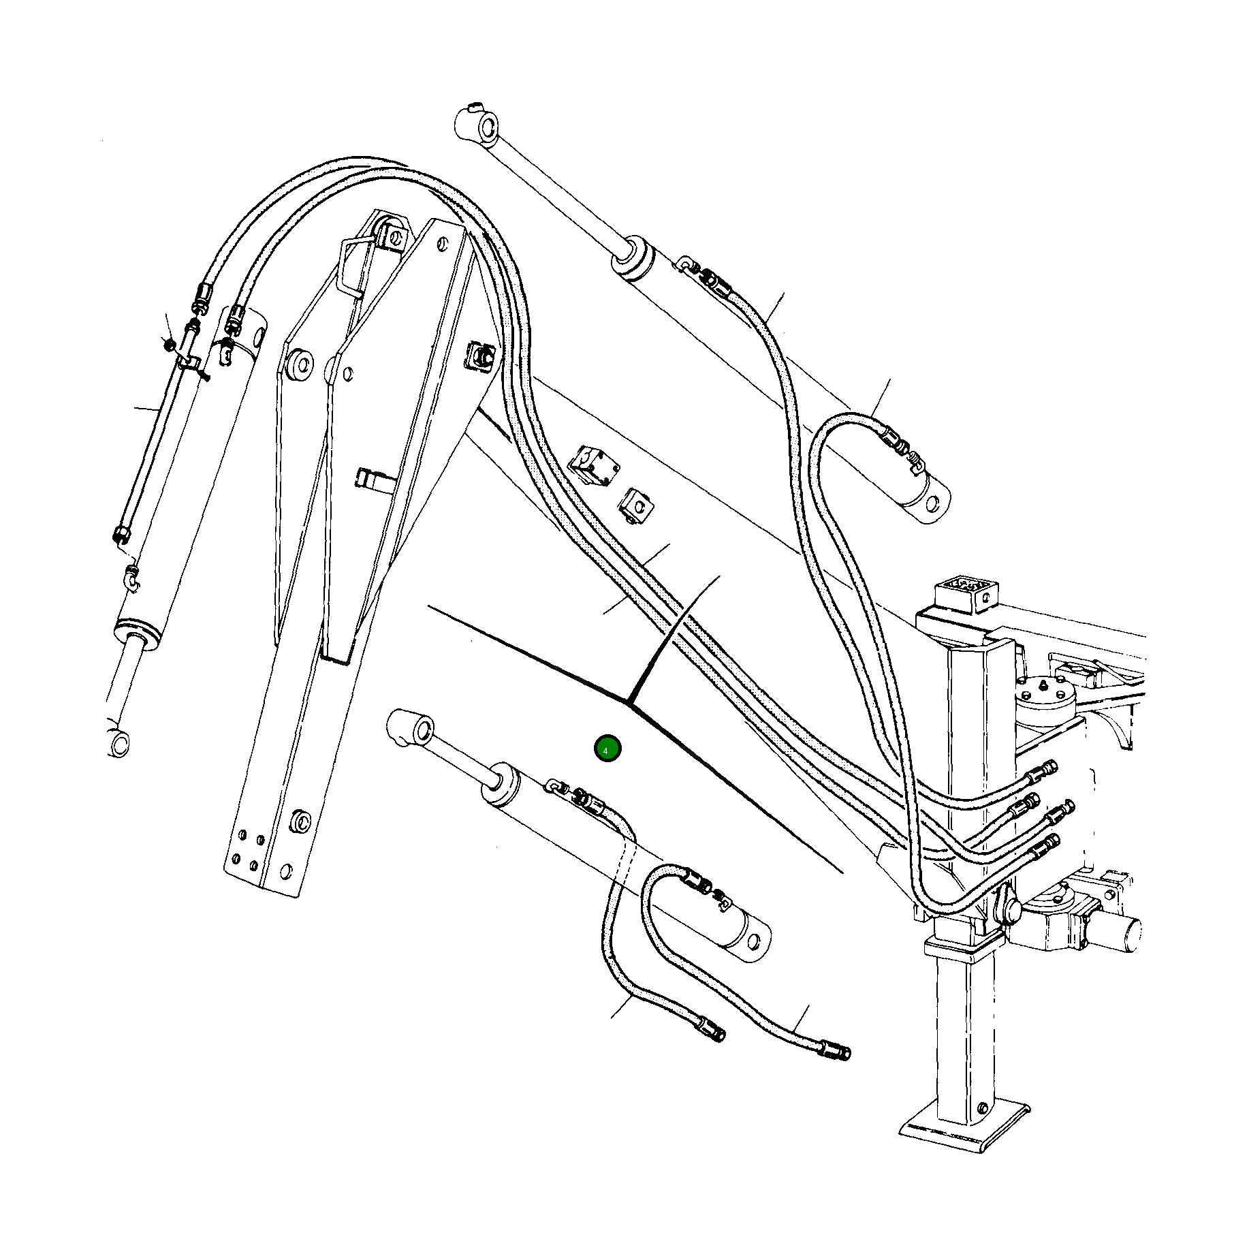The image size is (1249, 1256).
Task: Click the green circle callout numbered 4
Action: click(607, 749)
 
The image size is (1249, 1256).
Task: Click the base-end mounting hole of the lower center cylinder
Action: click(753, 942)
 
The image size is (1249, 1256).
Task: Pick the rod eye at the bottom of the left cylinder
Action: click(120, 743)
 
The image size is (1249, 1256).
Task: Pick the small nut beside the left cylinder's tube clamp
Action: click(169, 345)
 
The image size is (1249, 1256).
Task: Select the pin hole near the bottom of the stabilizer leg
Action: click(981, 1108)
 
